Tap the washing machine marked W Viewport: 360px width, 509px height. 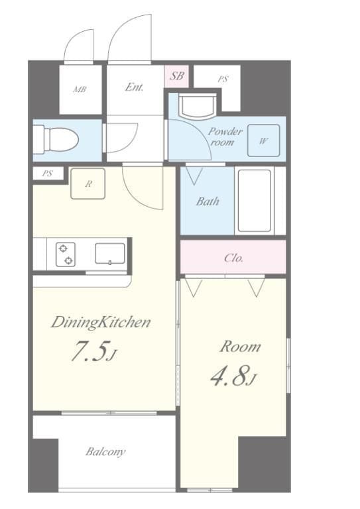coord(263,141)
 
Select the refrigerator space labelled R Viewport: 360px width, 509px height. coord(88,184)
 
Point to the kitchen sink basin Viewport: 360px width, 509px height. coord(109,254)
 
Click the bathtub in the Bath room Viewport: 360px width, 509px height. coord(254,201)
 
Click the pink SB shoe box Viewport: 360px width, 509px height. coord(176,76)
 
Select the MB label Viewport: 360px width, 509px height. coord(80,89)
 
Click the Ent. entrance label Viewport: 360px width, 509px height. coord(134,87)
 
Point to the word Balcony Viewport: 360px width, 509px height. coord(105,452)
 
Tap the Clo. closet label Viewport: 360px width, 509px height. coord(233,258)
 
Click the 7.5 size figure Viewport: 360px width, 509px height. coord(90,351)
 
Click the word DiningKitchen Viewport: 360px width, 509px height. coord(101,322)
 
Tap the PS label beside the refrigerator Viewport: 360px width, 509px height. coord(47,174)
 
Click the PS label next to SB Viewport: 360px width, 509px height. coord(223,79)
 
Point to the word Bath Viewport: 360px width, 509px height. coord(208,201)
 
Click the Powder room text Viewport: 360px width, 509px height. coord(225,137)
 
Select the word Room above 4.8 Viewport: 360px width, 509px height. coord(240,347)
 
